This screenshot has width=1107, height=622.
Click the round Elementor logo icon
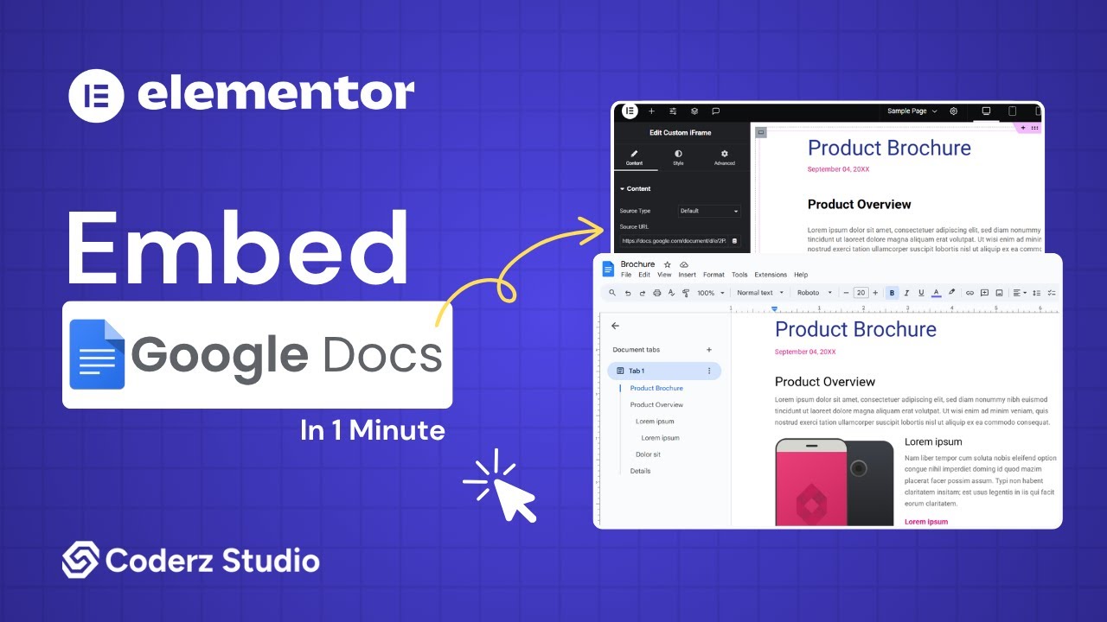(97, 94)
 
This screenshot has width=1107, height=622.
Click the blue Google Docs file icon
(98, 354)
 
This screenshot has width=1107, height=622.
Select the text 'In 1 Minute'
(373, 429)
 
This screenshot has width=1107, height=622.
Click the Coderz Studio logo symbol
(80, 560)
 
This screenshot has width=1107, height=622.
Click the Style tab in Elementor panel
(678, 157)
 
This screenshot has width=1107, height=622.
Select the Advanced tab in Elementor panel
(724, 157)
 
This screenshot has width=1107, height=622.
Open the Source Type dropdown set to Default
(709, 211)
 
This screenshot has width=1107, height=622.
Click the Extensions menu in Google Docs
(771, 275)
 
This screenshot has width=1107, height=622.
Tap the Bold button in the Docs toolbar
(892, 293)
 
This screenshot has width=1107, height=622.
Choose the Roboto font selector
(814, 293)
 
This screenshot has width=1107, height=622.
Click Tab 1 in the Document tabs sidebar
(663, 371)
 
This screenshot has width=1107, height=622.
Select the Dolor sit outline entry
(648, 454)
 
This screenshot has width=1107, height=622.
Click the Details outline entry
(640, 471)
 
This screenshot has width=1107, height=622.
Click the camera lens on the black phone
(858, 468)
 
